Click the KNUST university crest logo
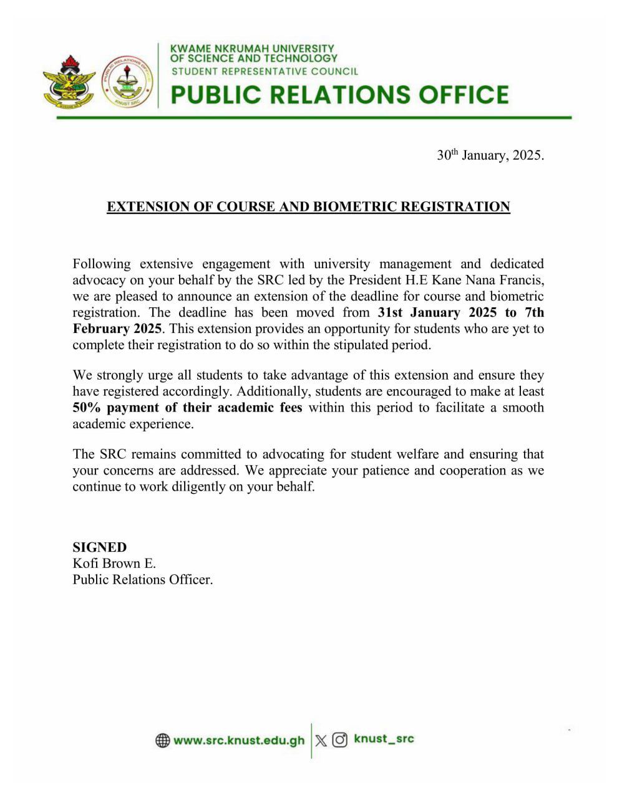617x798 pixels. click(x=69, y=81)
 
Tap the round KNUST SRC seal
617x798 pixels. click(x=127, y=81)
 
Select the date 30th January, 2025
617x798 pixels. click(x=490, y=155)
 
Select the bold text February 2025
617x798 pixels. click(x=117, y=329)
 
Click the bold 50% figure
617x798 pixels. click(x=86, y=408)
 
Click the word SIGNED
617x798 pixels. click(x=100, y=547)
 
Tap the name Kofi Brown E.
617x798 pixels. click(x=114, y=564)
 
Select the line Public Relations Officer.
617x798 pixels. click(x=143, y=580)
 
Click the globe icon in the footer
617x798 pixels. click(x=163, y=741)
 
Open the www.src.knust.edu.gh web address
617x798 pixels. click(x=240, y=741)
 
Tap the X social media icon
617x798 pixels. click(x=321, y=741)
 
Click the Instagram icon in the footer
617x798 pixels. click(x=340, y=741)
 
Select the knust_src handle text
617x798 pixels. click(x=384, y=739)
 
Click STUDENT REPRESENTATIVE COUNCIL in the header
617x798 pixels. click(x=265, y=71)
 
